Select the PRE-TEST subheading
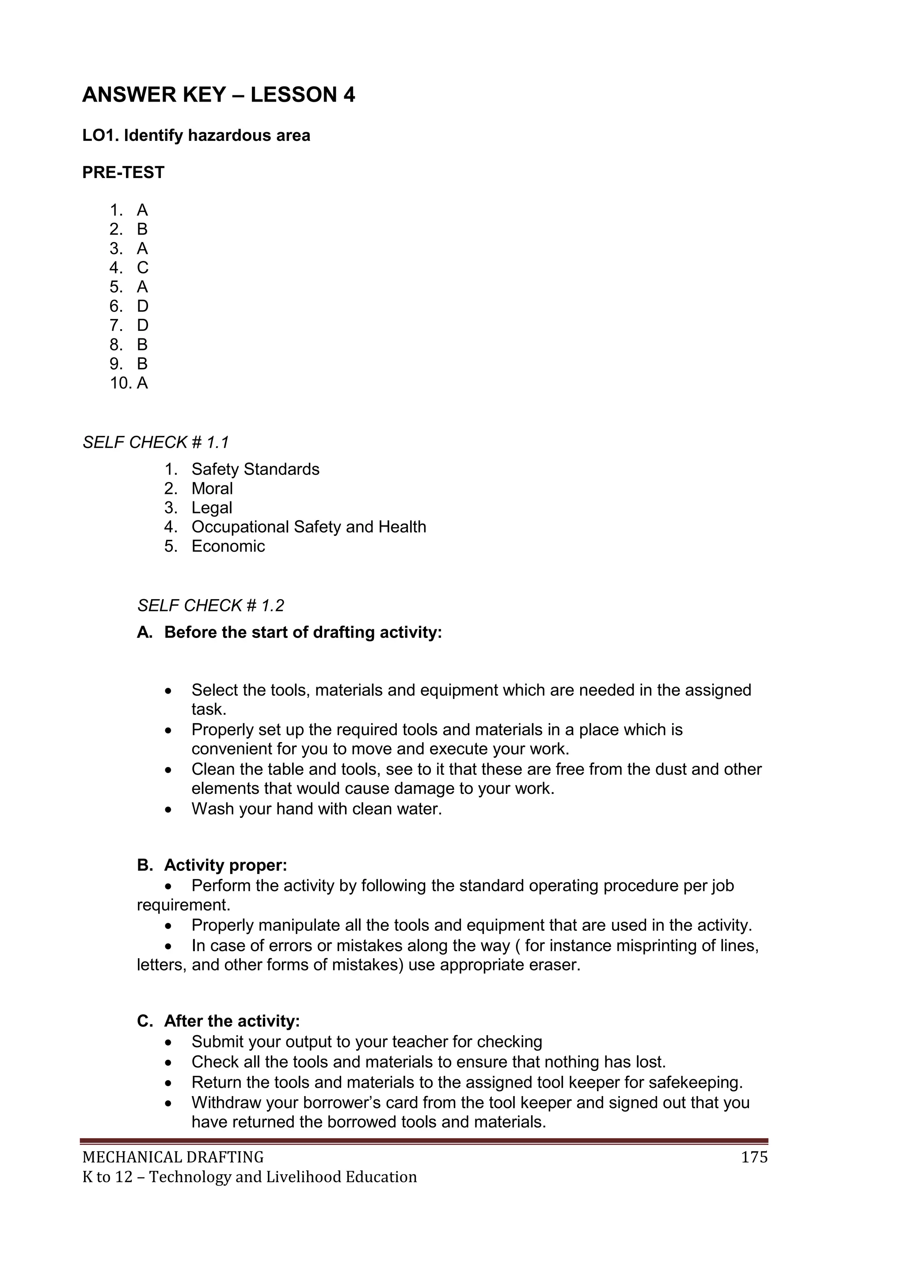tap(123, 173)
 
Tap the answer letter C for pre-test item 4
tap(143, 268)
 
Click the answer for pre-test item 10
tap(143, 383)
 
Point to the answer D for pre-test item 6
tap(143, 306)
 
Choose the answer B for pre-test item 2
tap(142, 229)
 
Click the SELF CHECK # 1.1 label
tap(156, 442)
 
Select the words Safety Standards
tap(255, 470)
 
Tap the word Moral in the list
tap(212, 489)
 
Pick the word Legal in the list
tap(212, 508)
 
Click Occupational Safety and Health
tap(309, 527)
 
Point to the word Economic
tap(228, 547)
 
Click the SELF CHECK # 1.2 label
tap(211, 606)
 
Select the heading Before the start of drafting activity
tap(303, 633)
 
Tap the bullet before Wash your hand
tap(168, 810)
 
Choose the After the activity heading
tap(232, 1021)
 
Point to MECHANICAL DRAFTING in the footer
tap(173, 1158)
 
